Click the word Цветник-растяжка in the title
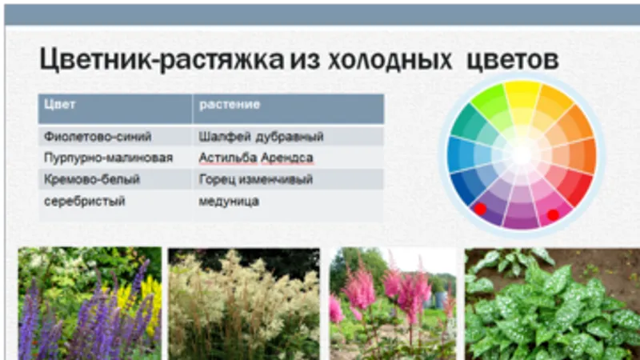coord(162,59)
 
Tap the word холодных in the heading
coord(390,61)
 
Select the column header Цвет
coord(59,105)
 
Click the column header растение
coord(230,105)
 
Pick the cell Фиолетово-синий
coord(98,136)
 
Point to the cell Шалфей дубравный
coord(261,136)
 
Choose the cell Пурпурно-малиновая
coord(108,158)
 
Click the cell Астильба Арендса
coord(256,158)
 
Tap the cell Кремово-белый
coord(92,179)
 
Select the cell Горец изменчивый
coord(255,179)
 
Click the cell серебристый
coord(85,202)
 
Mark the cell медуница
coord(229,202)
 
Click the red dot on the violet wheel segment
coord(480,209)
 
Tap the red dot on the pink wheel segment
coord(553,214)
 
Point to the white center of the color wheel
coord(522,154)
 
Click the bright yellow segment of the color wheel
coord(522,94)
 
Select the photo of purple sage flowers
coord(90,303)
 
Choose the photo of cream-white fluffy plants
coord(244,304)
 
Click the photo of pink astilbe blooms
coord(393,304)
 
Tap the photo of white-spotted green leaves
coord(552,304)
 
